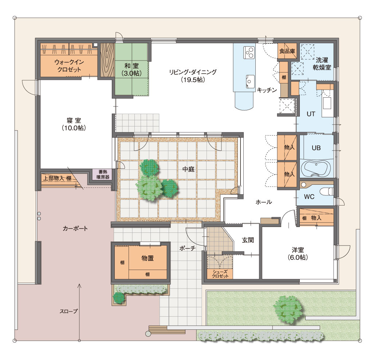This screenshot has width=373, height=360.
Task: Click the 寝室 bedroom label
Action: tap(74, 124)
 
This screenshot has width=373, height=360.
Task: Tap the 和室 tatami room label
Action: tap(131, 69)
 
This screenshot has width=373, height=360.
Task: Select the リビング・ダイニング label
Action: tap(193, 76)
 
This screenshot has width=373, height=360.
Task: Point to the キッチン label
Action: tap(267, 90)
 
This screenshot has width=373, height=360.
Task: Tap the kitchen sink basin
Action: tap(250, 82)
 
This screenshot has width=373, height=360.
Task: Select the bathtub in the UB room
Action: tap(316, 168)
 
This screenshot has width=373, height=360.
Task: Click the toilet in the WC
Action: tap(327, 191)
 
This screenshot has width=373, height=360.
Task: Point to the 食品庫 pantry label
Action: tap(287, 51)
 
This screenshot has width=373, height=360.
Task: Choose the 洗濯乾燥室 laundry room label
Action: tap(322, 64)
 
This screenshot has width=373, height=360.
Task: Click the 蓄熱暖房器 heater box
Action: tap(103, 175)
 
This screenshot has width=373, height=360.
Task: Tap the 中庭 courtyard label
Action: tap(188, 169)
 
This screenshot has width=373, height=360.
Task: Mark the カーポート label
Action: tap(75, 228)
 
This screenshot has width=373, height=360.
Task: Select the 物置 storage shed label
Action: tap(148, 258)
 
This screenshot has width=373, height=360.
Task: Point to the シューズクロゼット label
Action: tap(220, 274)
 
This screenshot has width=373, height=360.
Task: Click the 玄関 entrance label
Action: tap(248, 240)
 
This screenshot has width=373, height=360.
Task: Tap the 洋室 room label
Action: tap(298, 254)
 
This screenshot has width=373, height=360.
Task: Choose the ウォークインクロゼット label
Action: tap(69, 66)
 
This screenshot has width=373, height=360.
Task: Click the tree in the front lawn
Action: tap(288, 309)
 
